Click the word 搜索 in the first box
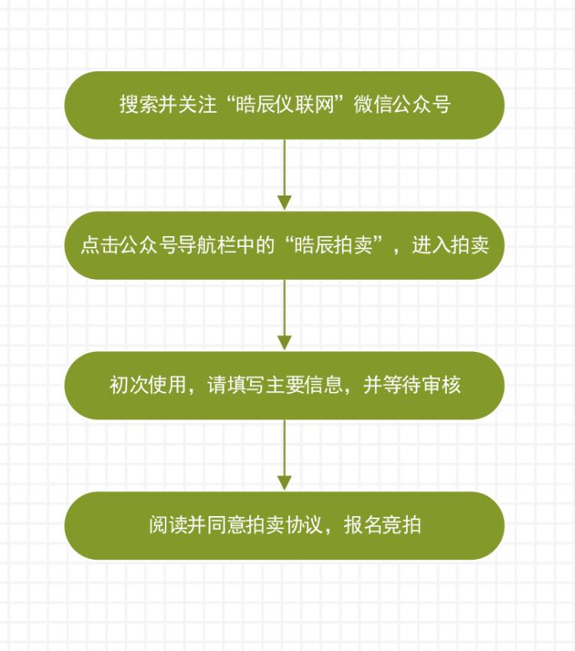tap(139, 104)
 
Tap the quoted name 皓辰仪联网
tap(284, 104)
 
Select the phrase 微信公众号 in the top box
tap(402, 104)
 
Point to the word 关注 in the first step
tap(198, 104)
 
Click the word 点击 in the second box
tap(100, 245)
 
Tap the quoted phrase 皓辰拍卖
tap(333, 245)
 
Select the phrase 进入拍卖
tap(451, 245)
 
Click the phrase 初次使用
tap(148, 384)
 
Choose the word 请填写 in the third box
tap(236, 384)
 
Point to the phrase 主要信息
tap(304, 384)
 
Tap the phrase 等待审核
tap(422, 384)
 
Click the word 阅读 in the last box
tap(168, 524)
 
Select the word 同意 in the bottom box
tap(227, 524)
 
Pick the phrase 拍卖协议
tap(284, 524)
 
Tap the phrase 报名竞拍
tap(383, 524)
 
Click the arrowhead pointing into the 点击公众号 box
tap(284, 203)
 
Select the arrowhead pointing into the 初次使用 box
tap(284, 343)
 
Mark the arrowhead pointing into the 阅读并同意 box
tap(284, 483)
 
